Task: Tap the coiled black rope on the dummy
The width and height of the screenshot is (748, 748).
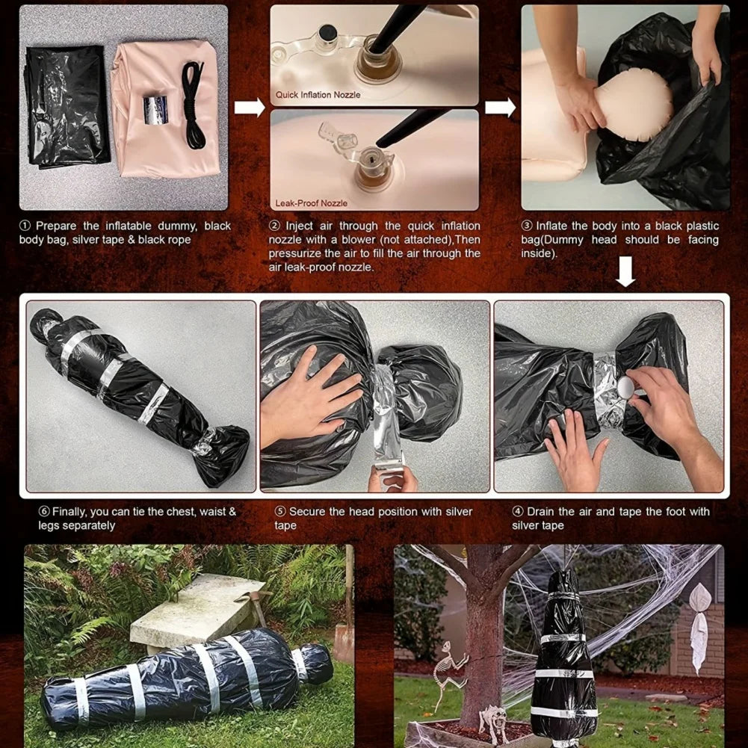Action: [192, 105]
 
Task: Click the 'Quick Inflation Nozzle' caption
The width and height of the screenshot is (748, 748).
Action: [318, 95]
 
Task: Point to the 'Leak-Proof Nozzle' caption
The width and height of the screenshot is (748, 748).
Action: [311, 203]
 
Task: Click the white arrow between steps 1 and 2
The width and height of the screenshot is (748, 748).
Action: [249, 108]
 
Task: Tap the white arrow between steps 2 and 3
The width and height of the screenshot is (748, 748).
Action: [500, 108]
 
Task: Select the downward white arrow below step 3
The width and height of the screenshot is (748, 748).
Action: [625, 273]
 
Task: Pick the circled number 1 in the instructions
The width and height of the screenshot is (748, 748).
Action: [25, 226]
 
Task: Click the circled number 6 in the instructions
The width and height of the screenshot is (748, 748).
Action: [44, 512]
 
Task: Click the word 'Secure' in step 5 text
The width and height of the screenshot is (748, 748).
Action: [307, 512]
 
